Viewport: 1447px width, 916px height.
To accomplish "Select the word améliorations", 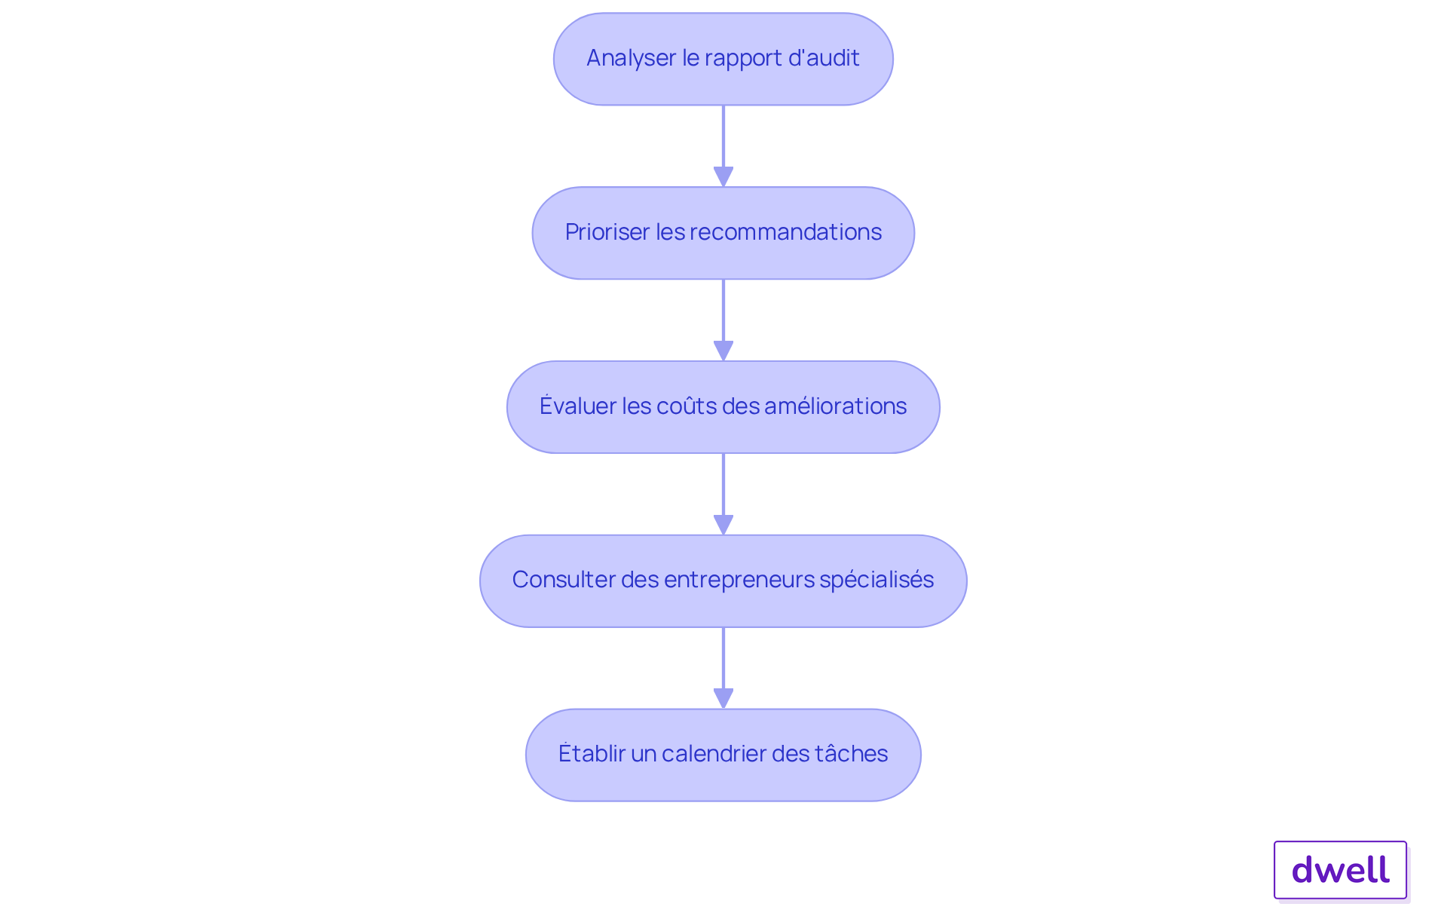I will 835,406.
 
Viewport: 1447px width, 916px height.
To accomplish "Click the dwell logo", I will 1340,870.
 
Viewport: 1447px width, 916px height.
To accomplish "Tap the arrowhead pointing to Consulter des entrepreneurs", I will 723,525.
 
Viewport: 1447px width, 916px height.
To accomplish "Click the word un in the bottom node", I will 644,753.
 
